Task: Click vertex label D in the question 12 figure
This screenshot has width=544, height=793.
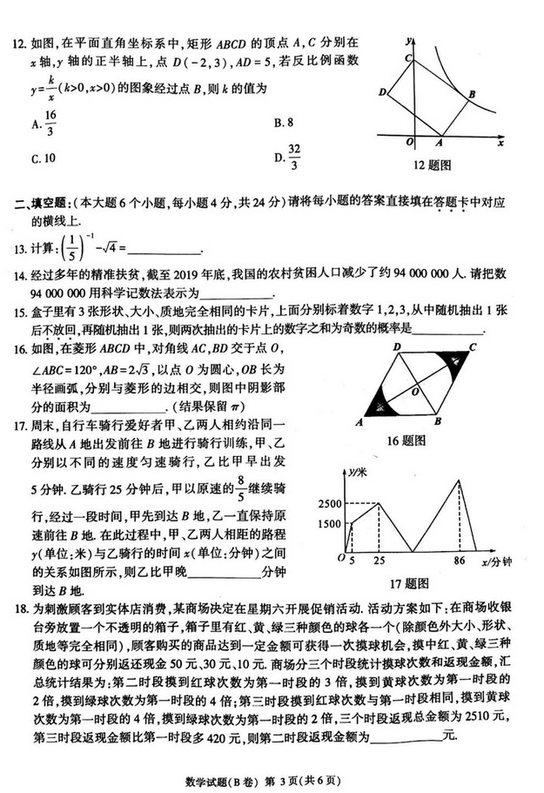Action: (382, 91)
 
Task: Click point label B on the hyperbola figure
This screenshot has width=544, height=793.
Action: (471, 94)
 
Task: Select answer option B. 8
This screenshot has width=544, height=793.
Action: (284, 123)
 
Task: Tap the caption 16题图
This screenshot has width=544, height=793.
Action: (426, 440)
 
